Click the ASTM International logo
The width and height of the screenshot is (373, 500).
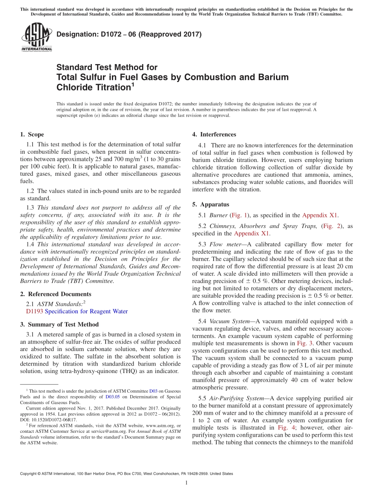37,38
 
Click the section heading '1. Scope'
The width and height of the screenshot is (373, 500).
32,134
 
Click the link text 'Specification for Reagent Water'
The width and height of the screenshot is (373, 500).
86,311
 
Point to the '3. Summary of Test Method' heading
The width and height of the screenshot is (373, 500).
59,324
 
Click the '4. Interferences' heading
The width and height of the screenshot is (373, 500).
214,134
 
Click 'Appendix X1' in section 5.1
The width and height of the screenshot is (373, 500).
320,215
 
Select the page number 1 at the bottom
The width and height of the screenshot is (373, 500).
186,483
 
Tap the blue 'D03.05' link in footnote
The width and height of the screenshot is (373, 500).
111,397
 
